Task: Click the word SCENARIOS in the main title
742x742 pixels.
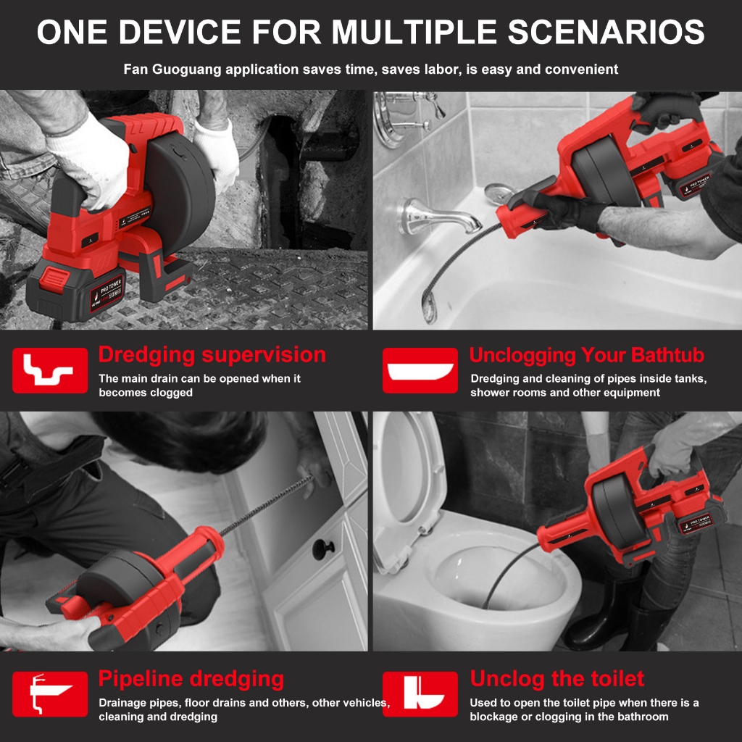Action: (x=606, y=32)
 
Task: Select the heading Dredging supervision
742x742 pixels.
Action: (x=212, y=355)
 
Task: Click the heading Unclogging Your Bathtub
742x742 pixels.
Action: (x=587, y=355)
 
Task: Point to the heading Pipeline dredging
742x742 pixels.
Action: (x=191, y=679)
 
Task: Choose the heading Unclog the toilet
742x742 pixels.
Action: (x=557, y=678)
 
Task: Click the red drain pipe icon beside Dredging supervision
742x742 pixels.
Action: (x=50, y=370)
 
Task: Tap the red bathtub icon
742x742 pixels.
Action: (x=420, y=370)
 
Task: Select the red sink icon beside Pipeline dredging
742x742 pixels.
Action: (x=50, y=694)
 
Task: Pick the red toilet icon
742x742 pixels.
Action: (x=420, y=694)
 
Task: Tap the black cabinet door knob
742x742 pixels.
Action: (x=323, y=549)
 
